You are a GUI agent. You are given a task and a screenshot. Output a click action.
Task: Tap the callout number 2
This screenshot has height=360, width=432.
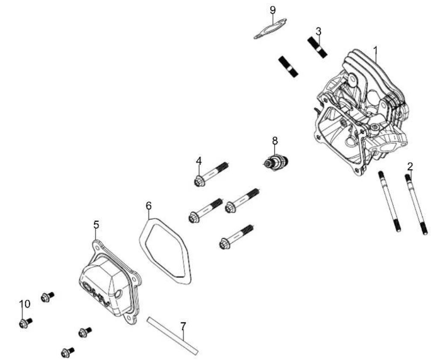click(x=410, y=166)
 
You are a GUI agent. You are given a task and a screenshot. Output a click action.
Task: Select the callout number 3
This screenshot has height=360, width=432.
click(x=319, y=31)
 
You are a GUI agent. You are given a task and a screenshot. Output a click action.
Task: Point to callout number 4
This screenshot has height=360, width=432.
click(x=199, y=161)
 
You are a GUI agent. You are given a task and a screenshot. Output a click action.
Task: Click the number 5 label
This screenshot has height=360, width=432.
click(x=96, y=225)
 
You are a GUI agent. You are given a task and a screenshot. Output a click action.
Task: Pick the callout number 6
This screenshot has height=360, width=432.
click(x=148, y=206)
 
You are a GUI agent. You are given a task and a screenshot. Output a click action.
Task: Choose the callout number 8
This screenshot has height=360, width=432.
click(x=275, y=141)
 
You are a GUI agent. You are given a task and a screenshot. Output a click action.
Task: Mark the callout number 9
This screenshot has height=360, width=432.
click(x=272, y=10)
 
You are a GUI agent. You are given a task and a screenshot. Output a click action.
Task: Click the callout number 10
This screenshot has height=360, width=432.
click(x=24, y=304)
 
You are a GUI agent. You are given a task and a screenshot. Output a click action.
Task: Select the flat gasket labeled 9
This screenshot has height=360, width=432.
click(x=270, y=28)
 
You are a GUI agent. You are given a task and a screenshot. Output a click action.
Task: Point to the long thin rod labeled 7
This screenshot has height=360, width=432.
click(x=172, y=336)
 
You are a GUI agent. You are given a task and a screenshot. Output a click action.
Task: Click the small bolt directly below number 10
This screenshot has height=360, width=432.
click(x=26, y=323)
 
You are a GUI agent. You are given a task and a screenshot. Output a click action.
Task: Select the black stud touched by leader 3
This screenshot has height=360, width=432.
click(x=317, y=47)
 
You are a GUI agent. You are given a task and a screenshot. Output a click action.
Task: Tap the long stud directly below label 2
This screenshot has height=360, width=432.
click(x=416, y=204)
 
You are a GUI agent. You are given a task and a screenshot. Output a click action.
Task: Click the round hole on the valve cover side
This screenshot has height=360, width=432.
click(x=118, y=294)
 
